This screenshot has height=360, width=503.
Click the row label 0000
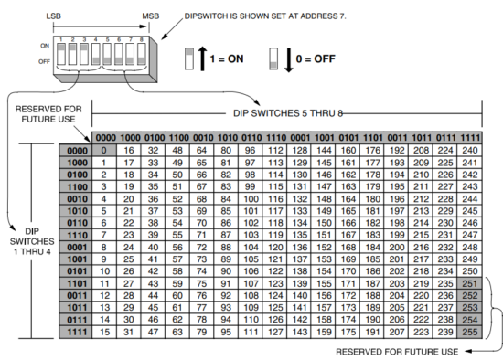pos(76,150)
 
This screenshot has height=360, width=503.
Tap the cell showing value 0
pos(106,150)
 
